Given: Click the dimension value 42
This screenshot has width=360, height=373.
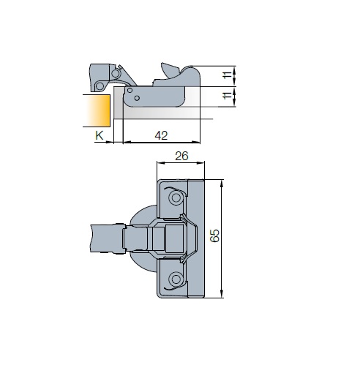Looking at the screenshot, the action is click(x=161, y=135).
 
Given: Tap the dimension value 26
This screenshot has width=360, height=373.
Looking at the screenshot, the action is click(x=181, y=156).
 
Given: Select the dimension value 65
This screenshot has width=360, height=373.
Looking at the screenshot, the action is click(x=215, y=236).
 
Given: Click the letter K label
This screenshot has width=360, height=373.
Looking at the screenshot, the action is click(x=100, y=135).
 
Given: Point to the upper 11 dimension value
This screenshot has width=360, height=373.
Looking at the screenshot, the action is click(x=228, y=75).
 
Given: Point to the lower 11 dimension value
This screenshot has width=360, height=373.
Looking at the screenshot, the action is click(x=228, y=95).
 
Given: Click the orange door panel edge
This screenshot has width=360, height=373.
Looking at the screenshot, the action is click(x=97, y=110).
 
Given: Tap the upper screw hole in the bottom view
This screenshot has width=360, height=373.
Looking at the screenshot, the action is click(x=176, y=197).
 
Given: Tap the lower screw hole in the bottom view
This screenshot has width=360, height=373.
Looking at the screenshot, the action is click(x=176, y=279).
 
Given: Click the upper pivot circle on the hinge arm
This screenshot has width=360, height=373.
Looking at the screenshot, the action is click(x=116, y=73).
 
